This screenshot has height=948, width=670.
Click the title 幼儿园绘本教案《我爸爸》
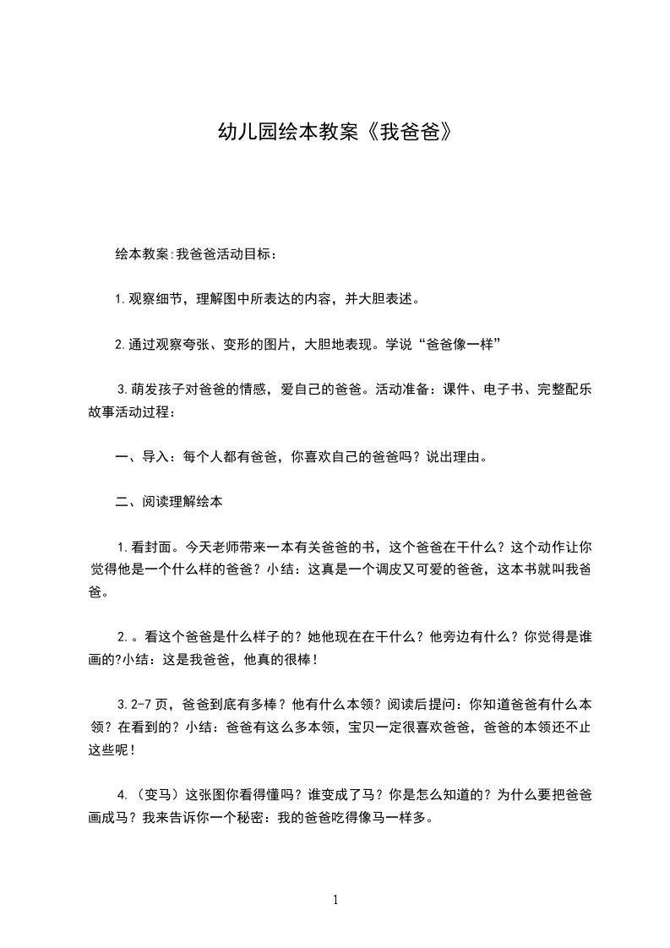[335, 133]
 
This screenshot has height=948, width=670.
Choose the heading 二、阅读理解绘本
[169, 502]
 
